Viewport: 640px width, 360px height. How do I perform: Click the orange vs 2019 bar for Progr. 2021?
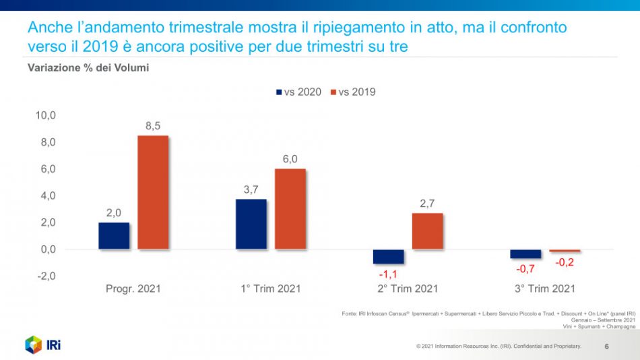[153, 192]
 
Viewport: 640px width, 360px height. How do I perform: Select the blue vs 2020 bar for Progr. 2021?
[114, 236]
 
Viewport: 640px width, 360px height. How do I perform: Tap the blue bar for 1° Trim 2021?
[251, 224]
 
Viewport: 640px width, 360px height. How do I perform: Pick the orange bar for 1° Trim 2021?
[290, 209]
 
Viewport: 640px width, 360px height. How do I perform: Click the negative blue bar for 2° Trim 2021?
[388, 257]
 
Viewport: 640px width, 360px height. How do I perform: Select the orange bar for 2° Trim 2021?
[427, 231]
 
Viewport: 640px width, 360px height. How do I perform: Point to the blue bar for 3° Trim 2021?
[525, 254]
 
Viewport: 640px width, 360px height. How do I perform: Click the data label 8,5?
[153, 125]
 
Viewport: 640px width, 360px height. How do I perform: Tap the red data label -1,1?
[388, 274]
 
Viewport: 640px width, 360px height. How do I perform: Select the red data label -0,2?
[565, 262]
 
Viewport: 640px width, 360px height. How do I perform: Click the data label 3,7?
[251, 189]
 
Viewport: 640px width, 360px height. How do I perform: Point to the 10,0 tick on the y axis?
[46, 115]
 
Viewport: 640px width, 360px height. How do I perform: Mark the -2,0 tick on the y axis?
[46, 276]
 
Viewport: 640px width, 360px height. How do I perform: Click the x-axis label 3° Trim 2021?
[544, 289]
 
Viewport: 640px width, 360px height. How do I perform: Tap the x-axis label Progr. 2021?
[133, 289]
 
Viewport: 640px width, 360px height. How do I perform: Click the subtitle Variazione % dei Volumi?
[88, 67]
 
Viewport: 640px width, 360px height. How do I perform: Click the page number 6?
[606, 347]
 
